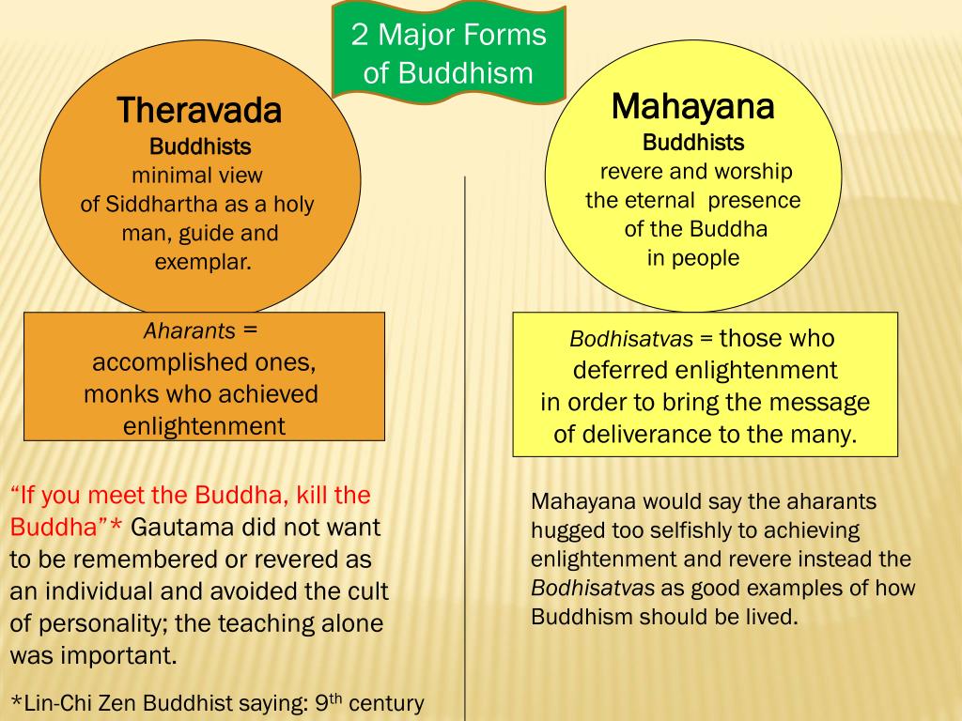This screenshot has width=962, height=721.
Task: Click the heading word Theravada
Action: pyautogui.click(x=199, y=111)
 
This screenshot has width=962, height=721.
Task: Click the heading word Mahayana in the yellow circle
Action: pyautogui.click(x=692, y=106)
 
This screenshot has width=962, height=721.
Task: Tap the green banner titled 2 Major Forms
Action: pyautogui.click(x=448, y=54)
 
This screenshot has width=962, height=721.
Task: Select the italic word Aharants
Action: pyautogui.click(x=189, y=330)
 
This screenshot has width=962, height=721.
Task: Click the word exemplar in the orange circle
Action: pyautogui.click(x=203, y=262)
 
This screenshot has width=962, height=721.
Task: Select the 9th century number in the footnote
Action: pyautogui.click(x=325, y=701)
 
